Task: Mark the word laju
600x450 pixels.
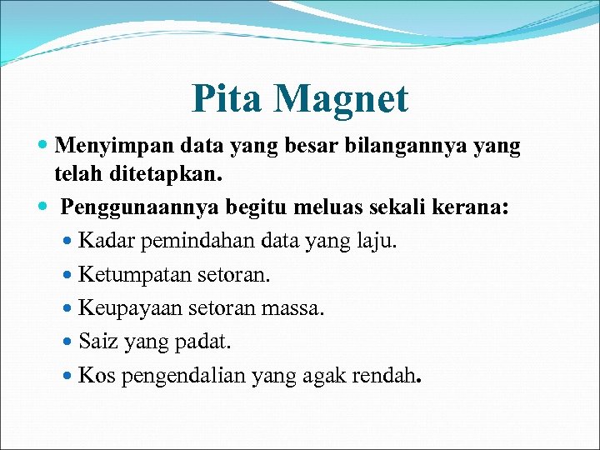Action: coord(378,242)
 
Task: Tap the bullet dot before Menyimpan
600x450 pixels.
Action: coord(43,147)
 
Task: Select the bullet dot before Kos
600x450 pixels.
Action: coord(68,376)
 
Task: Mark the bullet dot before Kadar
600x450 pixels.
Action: coord(68,242)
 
